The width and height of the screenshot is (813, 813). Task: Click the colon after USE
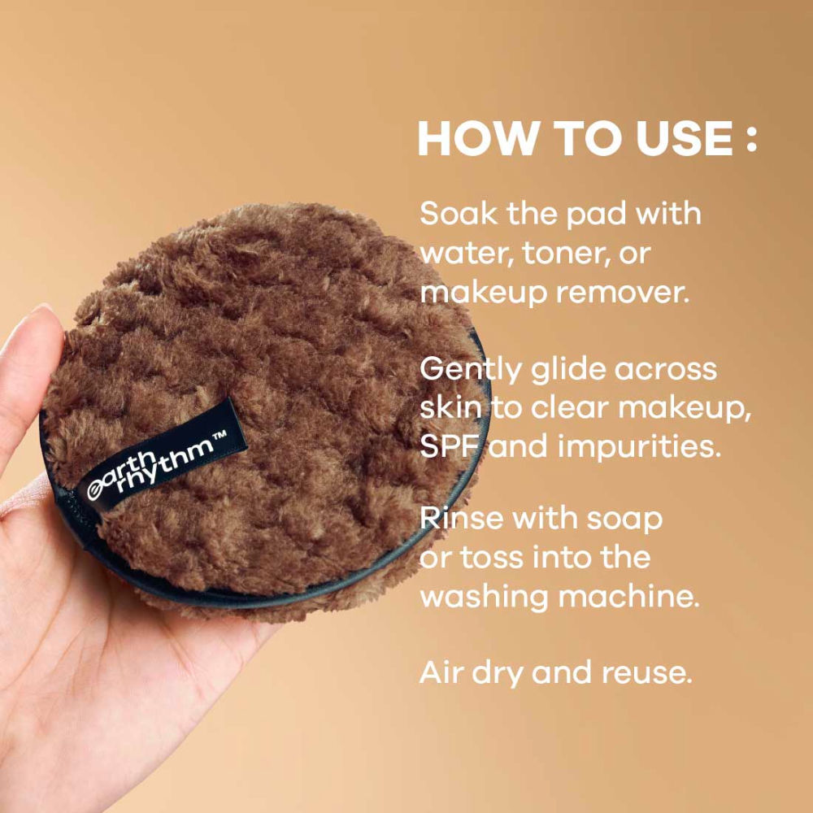(x=750, y=139)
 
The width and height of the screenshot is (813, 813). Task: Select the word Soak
(x=456, y=214)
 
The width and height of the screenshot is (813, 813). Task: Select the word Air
(x=440, y=673)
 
